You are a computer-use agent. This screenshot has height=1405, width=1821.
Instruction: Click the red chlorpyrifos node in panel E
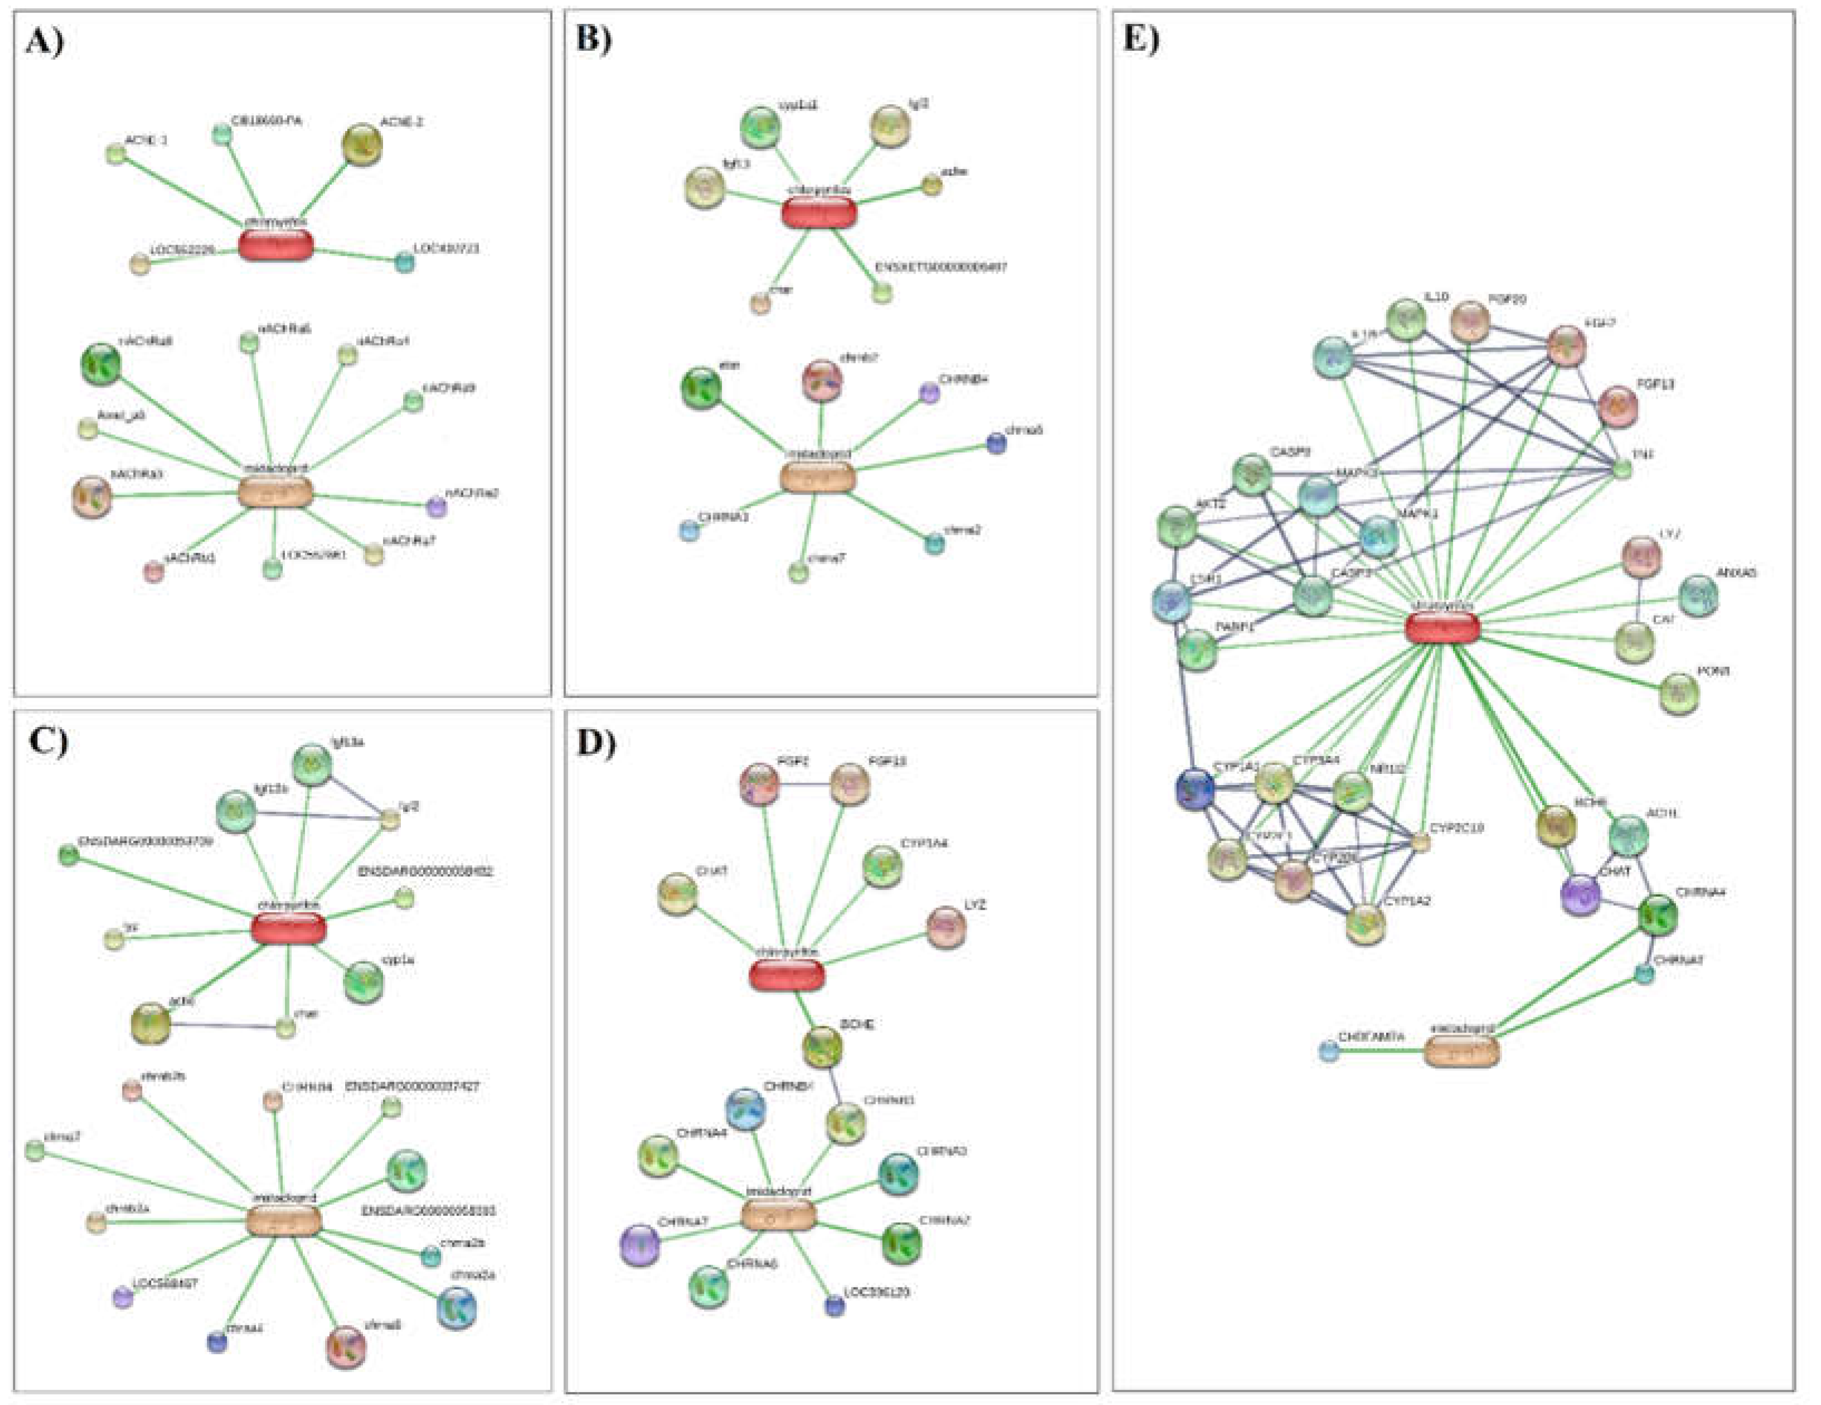pyautogui.click(x=1442, y=627)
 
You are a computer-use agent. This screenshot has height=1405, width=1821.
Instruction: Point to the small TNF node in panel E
pyautogui.click(x=1622, y=469)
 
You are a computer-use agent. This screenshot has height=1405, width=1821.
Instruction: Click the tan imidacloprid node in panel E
pyautogui.click(x=1461, y=1052)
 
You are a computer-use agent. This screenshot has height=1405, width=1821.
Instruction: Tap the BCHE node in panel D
pyautogui.click(x=822, y=1047)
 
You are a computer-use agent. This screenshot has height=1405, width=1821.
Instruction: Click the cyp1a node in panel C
pyautogui.click(x=364, y=981)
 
